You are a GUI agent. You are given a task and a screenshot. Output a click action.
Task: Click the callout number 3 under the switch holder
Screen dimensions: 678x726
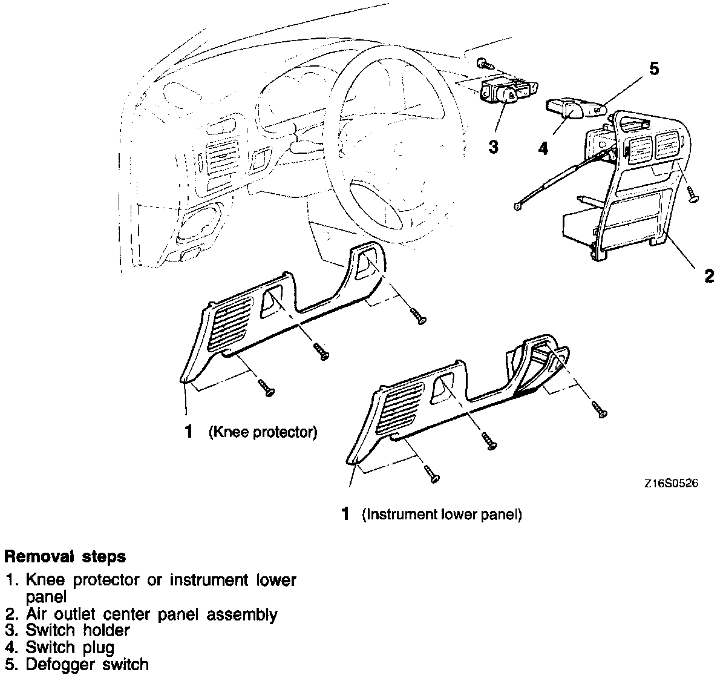[494, 146]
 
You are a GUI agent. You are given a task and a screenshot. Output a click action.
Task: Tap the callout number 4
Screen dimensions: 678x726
[543, 148]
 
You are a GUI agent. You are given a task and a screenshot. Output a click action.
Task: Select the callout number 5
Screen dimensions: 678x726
[654, 68]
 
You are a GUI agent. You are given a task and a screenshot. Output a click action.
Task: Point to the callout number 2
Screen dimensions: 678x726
[709, 276]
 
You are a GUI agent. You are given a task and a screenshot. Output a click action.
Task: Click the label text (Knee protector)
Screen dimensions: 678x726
[263, 432]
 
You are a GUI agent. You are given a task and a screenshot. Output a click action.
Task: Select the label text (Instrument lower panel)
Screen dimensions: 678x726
[442, 515]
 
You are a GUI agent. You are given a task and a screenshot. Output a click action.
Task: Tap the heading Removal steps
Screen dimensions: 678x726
[65, 556]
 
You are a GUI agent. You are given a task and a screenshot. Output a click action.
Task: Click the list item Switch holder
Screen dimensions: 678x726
[77, 630]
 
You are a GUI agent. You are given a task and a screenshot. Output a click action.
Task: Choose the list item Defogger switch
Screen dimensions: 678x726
[87, 664]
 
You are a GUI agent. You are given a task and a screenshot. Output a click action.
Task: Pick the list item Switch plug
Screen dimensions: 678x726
[70, 647]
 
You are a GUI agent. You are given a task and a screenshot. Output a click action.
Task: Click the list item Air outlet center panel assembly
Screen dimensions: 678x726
[151, 614]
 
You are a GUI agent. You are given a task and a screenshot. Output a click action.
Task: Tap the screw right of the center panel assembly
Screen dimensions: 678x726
[693, 194]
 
